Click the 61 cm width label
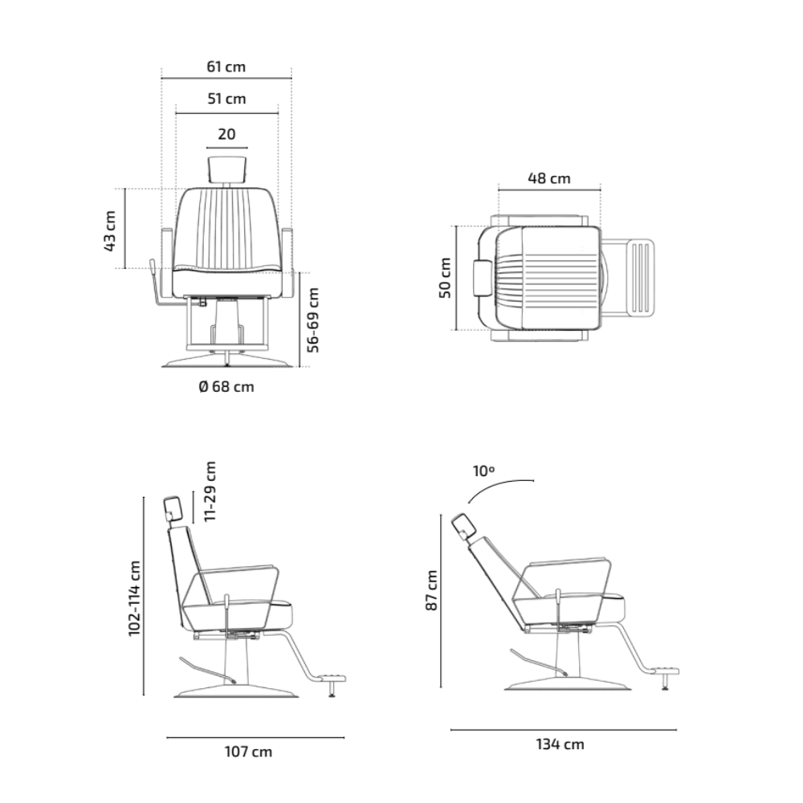(226, 67)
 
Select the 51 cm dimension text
(226, 98)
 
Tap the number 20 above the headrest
(226, 133)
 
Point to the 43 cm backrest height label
(110, 230)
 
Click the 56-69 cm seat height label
(312, 320)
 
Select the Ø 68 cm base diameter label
(226, 387)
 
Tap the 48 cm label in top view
(549, 178)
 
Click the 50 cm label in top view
(445, 278)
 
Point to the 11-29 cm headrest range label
(210, 491)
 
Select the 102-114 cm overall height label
(134, 598)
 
